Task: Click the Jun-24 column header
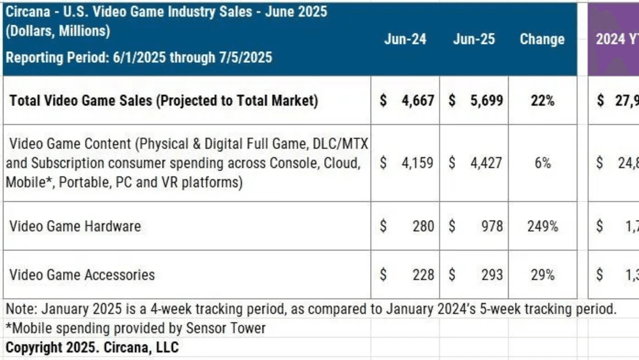click(405, 39)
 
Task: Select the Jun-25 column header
click(473, 39)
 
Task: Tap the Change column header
click(542, 39)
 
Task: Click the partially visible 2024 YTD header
click(616, 39)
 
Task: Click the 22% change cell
click(542, 100)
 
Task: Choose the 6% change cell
click(542, 163)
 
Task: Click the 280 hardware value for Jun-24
click(422, 226)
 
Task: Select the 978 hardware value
click(491, 226)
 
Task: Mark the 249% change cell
click(542, 226)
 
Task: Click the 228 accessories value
click(422, 274)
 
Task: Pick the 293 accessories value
click(491, 274)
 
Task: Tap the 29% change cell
click(542, 274)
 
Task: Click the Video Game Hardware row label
click(75, 226)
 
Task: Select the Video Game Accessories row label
click(82, 274)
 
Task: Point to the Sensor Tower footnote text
click(135, 329)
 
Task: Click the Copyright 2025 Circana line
click(93, 347)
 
